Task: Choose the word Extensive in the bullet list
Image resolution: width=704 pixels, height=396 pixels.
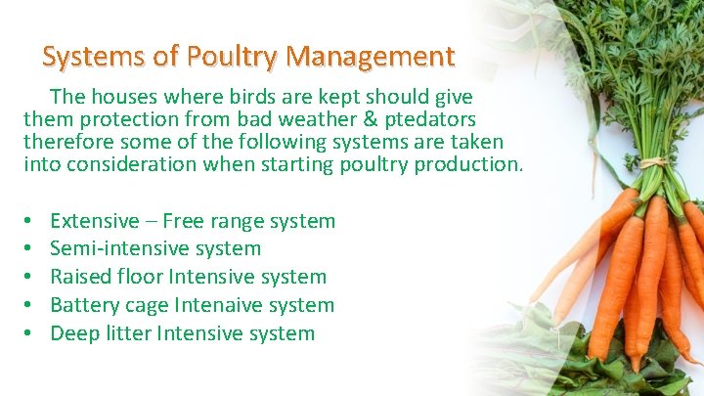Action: (95, 222)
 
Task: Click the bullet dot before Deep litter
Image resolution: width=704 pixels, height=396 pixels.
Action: (29, 334)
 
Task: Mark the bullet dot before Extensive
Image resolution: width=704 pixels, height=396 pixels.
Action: (29, 222)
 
